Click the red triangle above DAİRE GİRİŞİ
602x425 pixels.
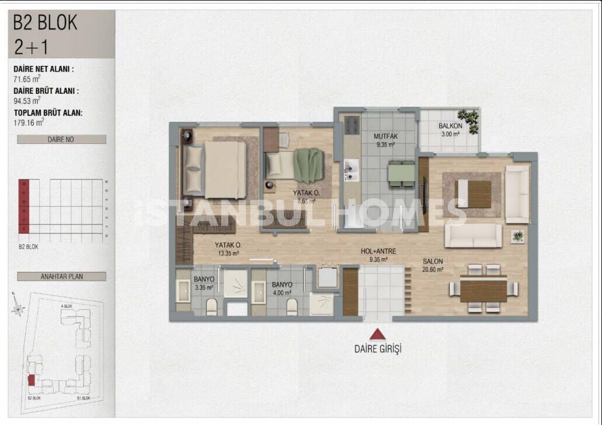click(x=378, y=335)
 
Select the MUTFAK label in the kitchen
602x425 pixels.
click(x=385, y=137)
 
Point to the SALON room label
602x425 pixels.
click(x=433, y=261)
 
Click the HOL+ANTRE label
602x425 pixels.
click(x=378, y=251)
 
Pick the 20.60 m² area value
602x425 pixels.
click(x=433, y=269)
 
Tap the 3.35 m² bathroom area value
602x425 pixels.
click(x=204, y=287)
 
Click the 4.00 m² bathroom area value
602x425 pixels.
click(x=281, y=293)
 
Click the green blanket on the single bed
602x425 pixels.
click(x=308, y=165)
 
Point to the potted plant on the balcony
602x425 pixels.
click(x=468, y=120)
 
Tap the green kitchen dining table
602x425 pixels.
click(x=401, y=173)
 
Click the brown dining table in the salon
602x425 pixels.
click(x=483, y=289)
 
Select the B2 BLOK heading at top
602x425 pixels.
click(x=46, y=23)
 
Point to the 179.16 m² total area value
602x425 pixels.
click(x=29, y=122)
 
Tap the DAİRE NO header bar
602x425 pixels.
click(x=61, y=139)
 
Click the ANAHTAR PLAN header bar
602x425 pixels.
click(x=61, y=276)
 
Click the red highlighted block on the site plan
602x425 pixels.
click(x=31, y=380)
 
